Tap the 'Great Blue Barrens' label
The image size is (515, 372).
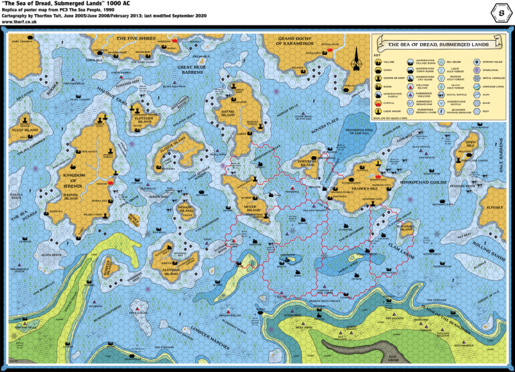(x=191, y=70)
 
